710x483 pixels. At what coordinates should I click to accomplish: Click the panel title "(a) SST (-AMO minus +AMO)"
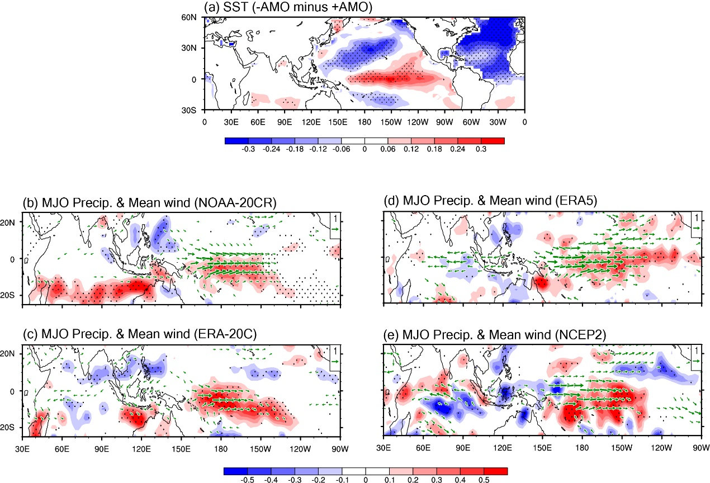coord(288,7)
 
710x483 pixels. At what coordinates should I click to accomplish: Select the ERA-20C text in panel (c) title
coord(223,334)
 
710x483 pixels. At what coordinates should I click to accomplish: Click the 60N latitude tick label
coord(188,17)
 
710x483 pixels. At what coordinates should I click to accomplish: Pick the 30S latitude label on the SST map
coord(188,110)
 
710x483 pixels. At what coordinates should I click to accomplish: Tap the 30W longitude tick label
coord(498,122)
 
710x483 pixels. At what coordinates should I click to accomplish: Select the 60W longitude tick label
coord(471,122)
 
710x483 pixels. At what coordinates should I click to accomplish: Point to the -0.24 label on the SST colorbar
coord(271,149)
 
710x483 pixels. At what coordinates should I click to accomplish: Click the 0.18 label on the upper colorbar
coord(434,149)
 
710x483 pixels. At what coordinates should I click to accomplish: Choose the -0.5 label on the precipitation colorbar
coord(247,480)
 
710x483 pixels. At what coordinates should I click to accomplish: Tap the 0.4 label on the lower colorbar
coord(460,480)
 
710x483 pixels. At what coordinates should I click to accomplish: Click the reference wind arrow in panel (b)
coord(335,229)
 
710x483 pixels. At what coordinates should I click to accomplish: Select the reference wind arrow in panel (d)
coord(696,228)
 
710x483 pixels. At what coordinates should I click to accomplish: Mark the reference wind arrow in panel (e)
coord(696,361)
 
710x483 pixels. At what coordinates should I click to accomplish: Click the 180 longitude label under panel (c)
coord(221,449)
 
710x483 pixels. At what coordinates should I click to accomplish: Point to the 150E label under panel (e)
coord(542,448)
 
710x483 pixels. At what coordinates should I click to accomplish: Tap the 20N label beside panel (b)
coord(7,222)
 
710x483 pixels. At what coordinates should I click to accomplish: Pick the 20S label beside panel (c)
coord(7,427)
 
